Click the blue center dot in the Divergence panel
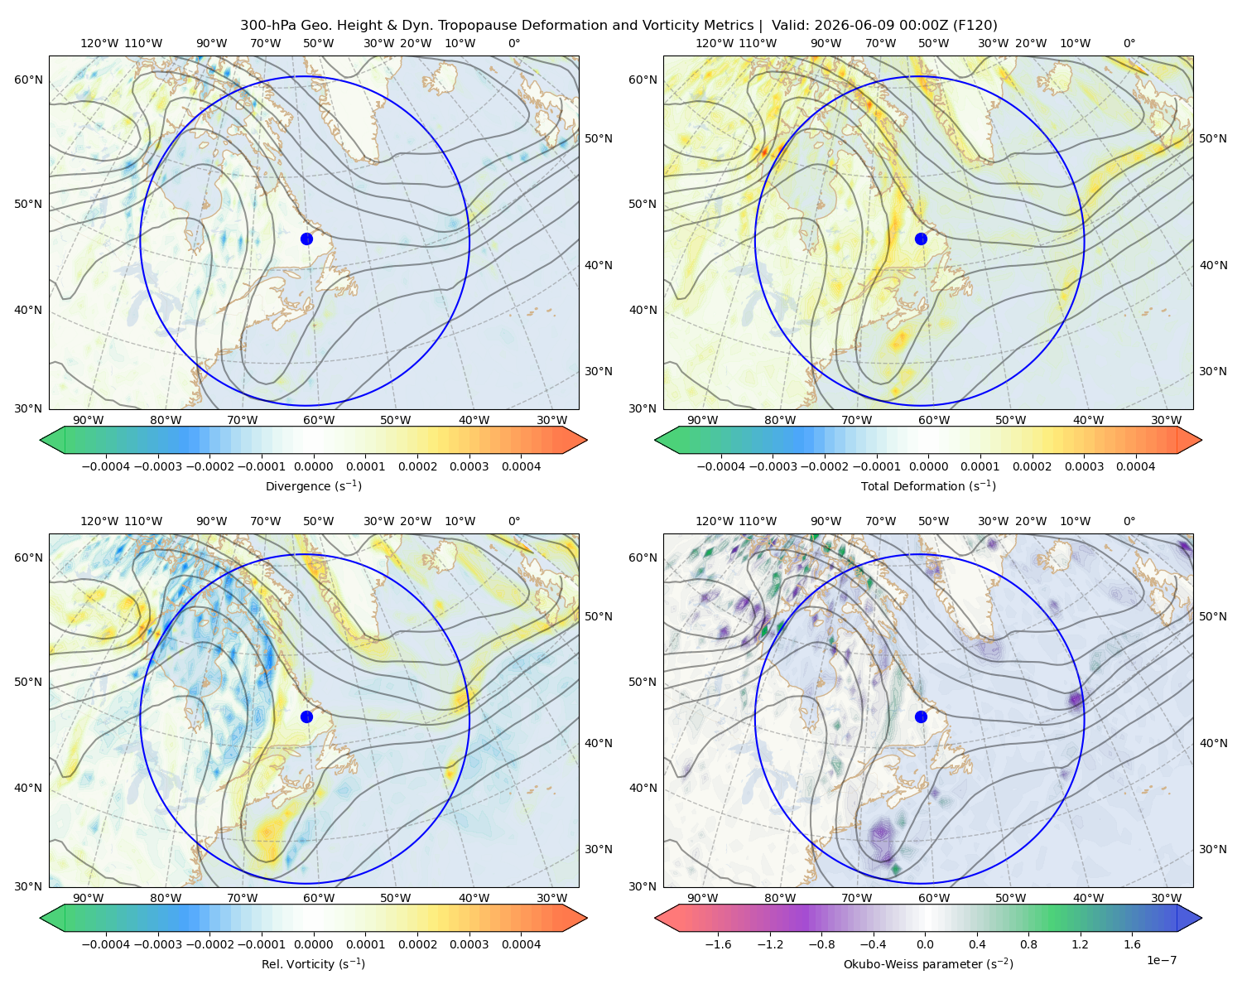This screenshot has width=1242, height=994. point(306,239)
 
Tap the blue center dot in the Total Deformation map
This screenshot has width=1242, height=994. point(921,239)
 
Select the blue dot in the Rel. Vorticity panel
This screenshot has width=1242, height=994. point(306,717)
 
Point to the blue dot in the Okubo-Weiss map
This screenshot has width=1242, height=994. point(921,717)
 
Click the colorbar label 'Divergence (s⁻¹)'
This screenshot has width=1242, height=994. point(313,485)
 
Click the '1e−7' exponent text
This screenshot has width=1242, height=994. point(1161,960)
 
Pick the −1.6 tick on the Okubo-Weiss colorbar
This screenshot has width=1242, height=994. point(718,943)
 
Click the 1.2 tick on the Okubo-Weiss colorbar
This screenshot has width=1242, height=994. point(1080,943)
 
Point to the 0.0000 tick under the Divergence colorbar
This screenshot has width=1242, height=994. point(313,466)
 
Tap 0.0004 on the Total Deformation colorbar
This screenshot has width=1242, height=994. point(1135,466)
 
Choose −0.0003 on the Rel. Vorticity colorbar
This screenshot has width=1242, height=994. point(157,943)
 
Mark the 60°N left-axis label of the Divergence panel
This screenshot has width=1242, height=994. point(28,80)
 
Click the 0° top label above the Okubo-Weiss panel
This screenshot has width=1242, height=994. point(1129,521)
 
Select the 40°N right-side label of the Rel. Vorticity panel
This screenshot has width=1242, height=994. point(599,743)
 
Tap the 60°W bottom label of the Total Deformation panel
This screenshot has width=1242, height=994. point(934,420)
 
